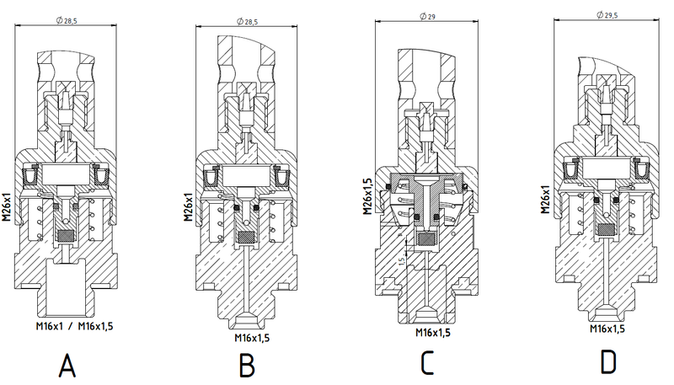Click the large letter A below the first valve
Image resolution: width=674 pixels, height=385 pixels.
coord(67,366)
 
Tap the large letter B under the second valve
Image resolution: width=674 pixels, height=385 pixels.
coord(247,366)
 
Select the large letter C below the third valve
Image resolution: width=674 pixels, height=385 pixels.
coord(427,363)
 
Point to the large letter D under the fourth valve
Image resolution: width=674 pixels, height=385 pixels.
coord(607,362)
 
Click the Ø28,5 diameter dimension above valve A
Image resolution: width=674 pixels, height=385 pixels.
coord(67,20)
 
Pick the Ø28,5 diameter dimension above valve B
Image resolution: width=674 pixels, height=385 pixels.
coord(247,22)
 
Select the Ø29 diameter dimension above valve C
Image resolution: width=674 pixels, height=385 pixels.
coord(427,16)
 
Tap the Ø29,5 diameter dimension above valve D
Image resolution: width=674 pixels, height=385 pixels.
coord(607,15)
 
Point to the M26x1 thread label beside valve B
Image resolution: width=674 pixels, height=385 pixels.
coord(188,206)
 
